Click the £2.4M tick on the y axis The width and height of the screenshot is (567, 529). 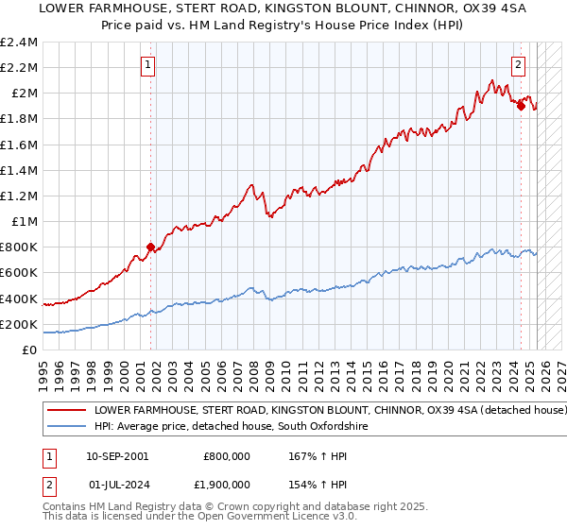(19, 43)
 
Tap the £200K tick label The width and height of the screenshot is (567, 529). (19, 324)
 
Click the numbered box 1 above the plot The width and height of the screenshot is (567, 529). (149, 65)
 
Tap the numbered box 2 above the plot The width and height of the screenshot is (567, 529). (519, 65)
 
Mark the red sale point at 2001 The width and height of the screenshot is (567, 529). (149, 247)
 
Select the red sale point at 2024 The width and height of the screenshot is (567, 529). (521, 106)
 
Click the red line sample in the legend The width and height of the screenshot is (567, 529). (66, 411)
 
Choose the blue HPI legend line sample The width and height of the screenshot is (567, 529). (66, 427)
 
